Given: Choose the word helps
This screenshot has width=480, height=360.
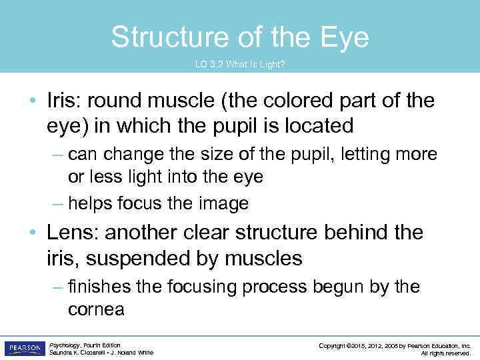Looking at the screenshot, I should (91, 203).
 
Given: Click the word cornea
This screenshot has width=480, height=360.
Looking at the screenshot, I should (96, 310).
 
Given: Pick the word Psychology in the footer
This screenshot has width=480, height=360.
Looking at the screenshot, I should (65, 345).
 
